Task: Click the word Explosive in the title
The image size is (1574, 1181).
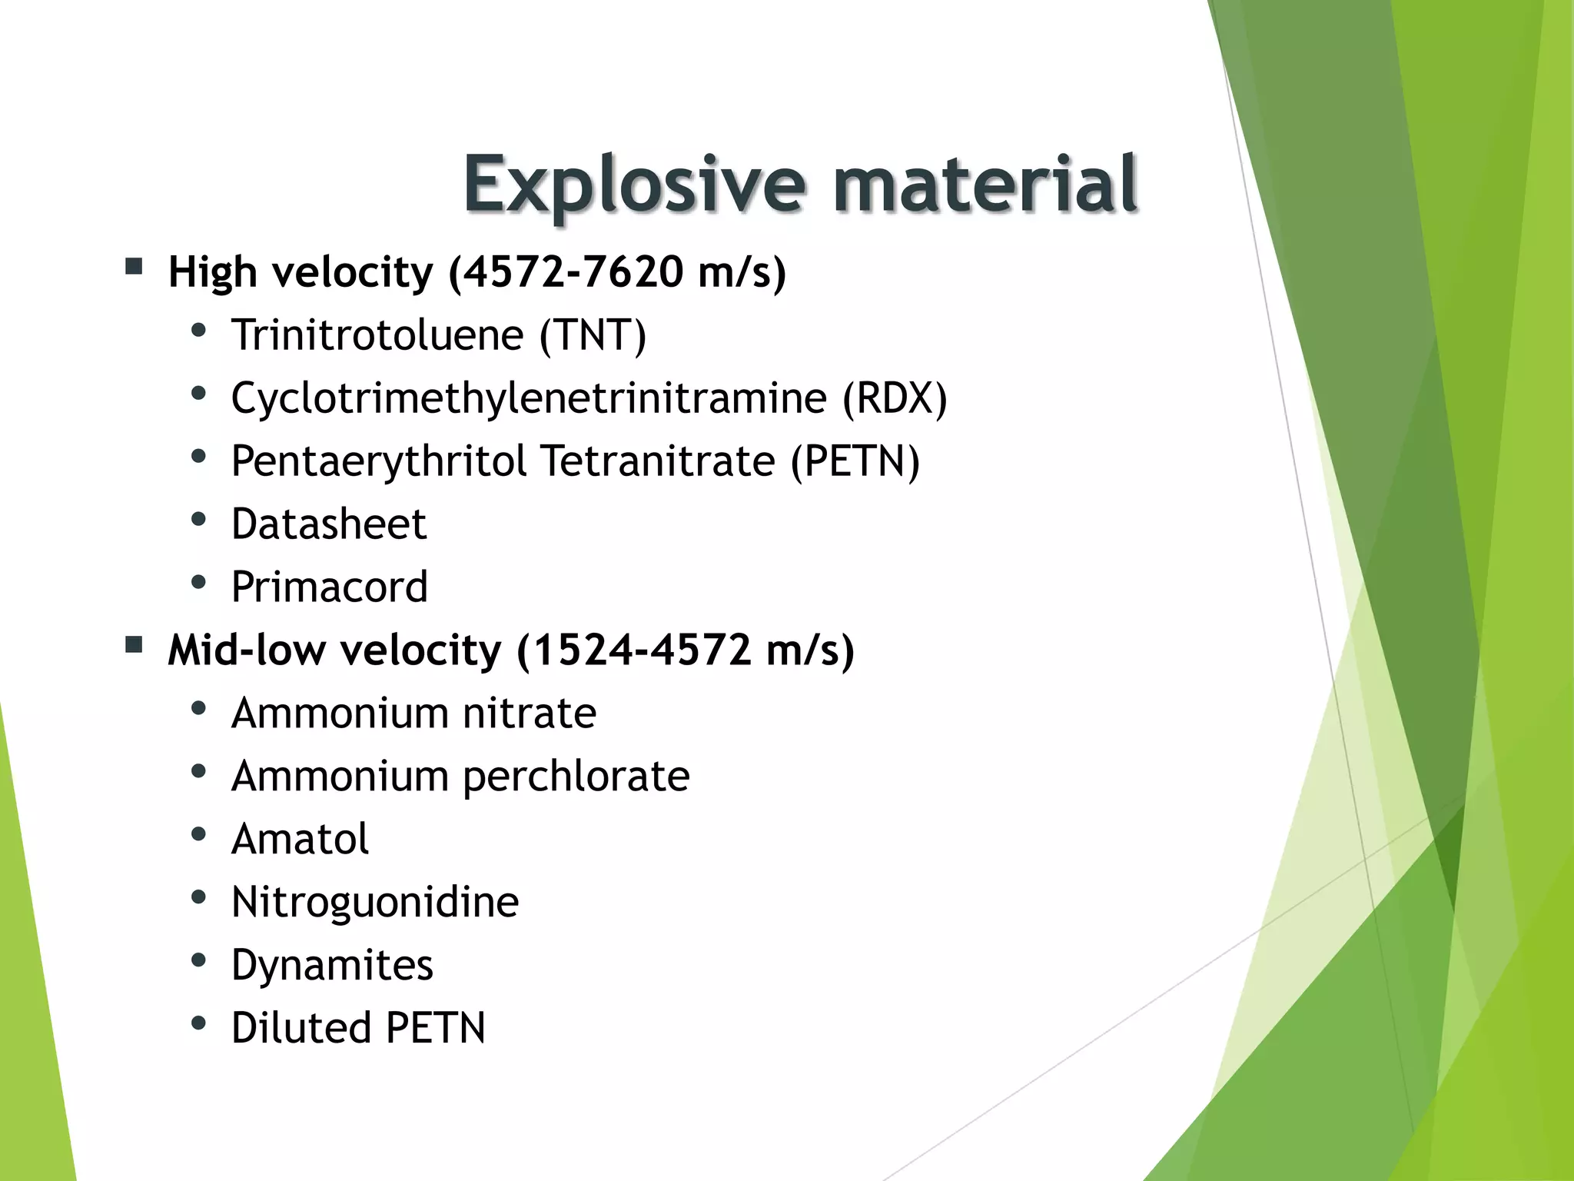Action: point(635,185)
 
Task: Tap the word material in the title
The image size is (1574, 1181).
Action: point(985,185)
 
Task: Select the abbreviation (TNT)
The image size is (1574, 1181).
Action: point(593,335)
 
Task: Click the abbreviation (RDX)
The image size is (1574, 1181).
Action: point(895,398)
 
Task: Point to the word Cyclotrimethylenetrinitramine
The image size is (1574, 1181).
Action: point(529,398)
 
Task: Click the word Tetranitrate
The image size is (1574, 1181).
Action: point(658,461)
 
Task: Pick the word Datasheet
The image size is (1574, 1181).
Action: point(329,524)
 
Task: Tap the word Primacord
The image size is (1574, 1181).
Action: point(329,587)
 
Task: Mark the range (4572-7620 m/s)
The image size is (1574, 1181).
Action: point(617,272)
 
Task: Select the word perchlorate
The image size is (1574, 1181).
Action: point(576,777)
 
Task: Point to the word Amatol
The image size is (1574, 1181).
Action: point(300,839)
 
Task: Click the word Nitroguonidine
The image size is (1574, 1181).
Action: point(375,902)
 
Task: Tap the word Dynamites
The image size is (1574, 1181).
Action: point(332,965)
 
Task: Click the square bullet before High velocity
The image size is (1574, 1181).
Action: point(134,267)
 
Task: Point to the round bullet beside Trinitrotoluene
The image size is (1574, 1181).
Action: point(198,331)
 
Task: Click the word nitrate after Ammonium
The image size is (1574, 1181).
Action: point(530,714)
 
